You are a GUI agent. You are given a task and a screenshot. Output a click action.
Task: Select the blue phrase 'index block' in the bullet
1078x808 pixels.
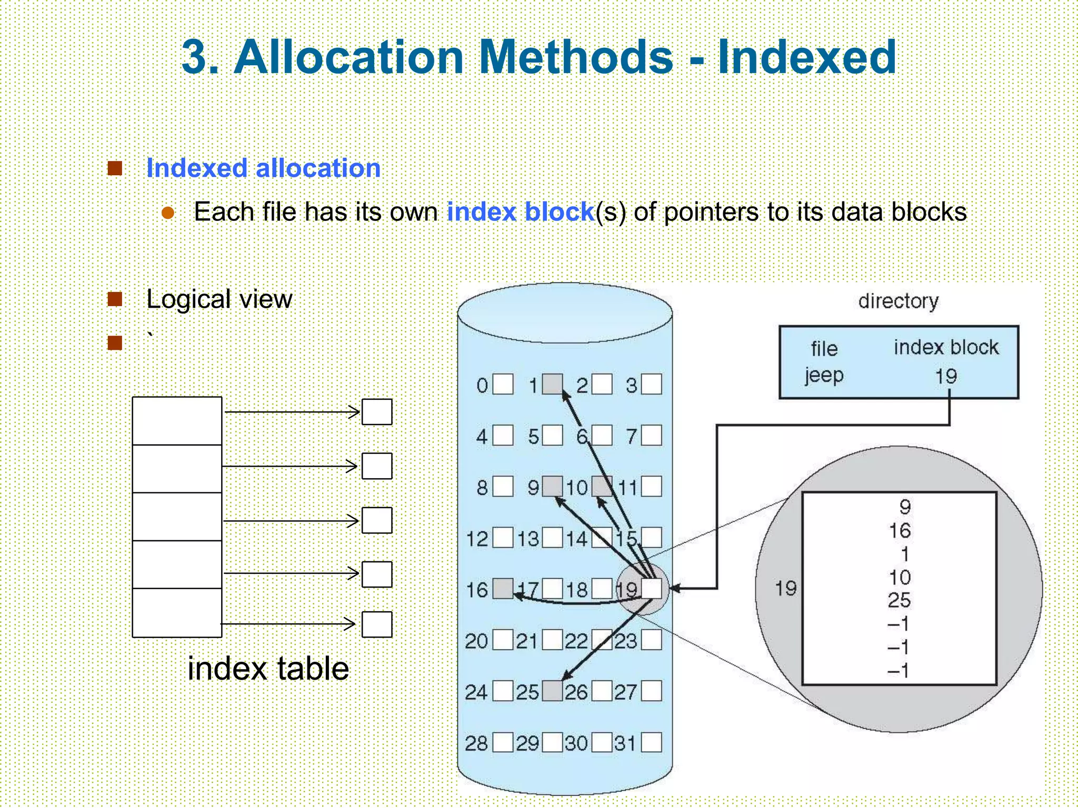tap(521, 212)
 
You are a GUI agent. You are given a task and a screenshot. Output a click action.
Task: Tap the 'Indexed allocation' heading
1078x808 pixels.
tap(263, 168)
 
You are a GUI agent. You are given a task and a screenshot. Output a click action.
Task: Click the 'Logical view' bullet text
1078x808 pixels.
tap(219, 299)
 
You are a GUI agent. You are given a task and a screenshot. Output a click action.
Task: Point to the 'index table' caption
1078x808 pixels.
tap(268, 669)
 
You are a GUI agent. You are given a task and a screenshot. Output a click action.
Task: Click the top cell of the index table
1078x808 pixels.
tap(177, 421)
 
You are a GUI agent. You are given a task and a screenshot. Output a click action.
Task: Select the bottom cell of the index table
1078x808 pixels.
tap(177, 612)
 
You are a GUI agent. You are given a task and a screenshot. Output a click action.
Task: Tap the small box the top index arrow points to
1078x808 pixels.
tap(377, 412)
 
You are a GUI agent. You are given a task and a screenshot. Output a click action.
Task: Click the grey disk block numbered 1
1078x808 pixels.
tap(552, 385)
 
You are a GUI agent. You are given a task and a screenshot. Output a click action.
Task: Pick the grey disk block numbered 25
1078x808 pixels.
tap(552, 691)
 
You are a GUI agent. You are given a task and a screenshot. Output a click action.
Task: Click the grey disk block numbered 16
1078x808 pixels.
tap(503, 589)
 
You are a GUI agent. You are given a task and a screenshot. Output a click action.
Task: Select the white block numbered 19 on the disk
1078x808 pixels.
tap(652, 589)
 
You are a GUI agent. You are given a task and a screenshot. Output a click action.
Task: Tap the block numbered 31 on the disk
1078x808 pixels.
tap(652, 743)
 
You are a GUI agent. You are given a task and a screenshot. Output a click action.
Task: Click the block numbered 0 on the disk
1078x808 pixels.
tap(503, 385)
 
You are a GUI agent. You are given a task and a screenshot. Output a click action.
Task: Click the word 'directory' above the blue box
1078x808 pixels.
tap(898, 301)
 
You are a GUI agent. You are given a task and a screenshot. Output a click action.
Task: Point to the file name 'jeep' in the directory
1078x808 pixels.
tap(824, 376)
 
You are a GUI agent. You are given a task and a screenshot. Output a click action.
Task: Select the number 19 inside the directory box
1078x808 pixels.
tap(946, 376)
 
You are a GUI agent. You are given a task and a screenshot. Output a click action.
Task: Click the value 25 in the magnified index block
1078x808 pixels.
tap(899, 600)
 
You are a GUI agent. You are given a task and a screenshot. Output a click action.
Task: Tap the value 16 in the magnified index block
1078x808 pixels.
tap(900, 531)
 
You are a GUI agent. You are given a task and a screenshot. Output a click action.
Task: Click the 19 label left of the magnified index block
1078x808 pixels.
tap(785, 588)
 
